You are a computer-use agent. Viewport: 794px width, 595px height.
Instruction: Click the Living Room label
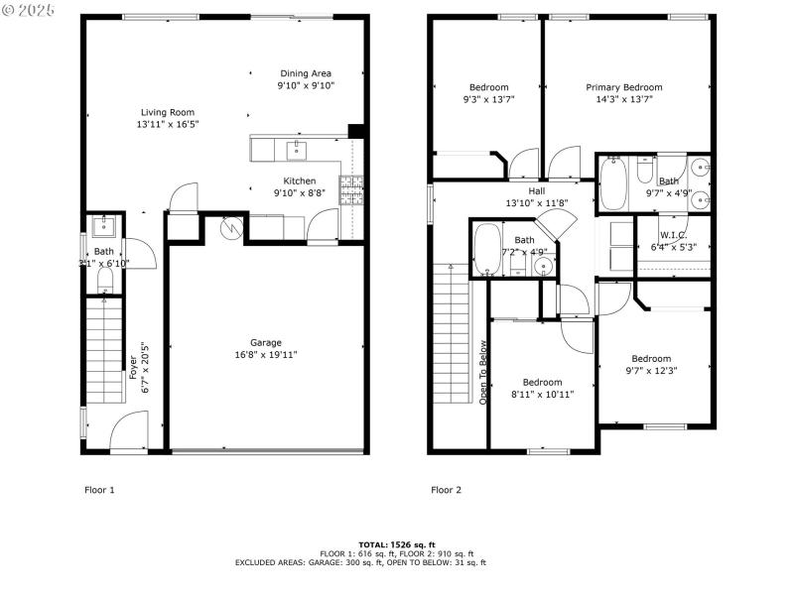(166, 112)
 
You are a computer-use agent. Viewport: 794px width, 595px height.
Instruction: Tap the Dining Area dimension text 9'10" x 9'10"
(306, 86)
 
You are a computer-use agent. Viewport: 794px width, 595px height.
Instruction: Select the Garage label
(265, 342)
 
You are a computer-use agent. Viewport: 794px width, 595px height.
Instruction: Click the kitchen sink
(296, 150)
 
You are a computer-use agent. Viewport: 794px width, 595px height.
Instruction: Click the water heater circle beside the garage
(230, 228)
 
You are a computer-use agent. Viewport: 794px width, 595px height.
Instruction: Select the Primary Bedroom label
(623, 87)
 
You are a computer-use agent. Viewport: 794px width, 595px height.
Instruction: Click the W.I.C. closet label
(674, 235)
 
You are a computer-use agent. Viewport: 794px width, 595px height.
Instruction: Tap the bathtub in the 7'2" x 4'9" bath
(486, 251)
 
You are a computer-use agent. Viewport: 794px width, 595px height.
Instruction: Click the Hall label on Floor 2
(536, 191)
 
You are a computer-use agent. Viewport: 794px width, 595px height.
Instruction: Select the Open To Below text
(483, 372)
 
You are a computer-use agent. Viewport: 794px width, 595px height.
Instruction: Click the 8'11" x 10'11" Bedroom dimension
(542, 394)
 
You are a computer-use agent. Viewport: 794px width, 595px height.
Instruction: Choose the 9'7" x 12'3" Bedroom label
(651, 359)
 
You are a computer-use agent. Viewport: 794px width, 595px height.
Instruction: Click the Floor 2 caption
(446, 489)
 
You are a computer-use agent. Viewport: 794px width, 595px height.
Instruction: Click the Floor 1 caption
(98, 489)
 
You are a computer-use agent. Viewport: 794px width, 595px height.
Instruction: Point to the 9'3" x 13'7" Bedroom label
(488, 87)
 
